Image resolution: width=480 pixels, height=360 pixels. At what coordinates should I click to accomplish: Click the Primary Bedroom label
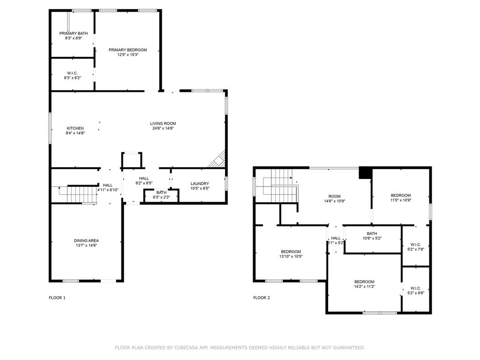pos(127,50)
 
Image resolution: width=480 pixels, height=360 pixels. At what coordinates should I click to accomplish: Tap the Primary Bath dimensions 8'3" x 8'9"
pos(73,38)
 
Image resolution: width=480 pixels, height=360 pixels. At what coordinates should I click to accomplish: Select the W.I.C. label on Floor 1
pos(72,73)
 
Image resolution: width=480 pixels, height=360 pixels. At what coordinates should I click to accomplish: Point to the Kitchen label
pos(75,128)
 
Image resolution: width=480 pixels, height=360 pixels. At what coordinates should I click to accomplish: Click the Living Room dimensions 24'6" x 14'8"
pos(163,128)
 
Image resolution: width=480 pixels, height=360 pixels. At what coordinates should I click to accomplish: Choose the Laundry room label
pos(200,183)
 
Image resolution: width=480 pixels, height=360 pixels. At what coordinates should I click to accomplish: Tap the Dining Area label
pos(86,240)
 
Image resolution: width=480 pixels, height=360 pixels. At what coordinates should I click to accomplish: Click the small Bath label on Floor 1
pos(161,192)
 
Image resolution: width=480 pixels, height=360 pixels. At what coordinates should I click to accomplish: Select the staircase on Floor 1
pos(77,194)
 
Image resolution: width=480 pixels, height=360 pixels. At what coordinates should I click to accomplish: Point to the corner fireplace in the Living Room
pos(217,160)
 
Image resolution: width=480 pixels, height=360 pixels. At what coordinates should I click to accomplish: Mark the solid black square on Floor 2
pos(364,172)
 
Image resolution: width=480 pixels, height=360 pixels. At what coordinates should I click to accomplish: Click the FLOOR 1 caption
pos(57,298)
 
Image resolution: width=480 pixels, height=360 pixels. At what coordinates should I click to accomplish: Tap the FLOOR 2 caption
pos(262,298)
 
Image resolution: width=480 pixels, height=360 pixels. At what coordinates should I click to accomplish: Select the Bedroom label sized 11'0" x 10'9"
pos(401,195)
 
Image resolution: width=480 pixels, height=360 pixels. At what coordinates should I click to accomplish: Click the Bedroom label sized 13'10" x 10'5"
pos(291,251)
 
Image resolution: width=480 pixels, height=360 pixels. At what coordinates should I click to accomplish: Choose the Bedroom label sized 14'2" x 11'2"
pos(364,282)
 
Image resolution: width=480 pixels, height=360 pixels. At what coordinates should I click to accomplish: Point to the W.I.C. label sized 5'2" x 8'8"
pos(415,288)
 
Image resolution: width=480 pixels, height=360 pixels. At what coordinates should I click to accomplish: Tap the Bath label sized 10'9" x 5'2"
pos(372,233)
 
